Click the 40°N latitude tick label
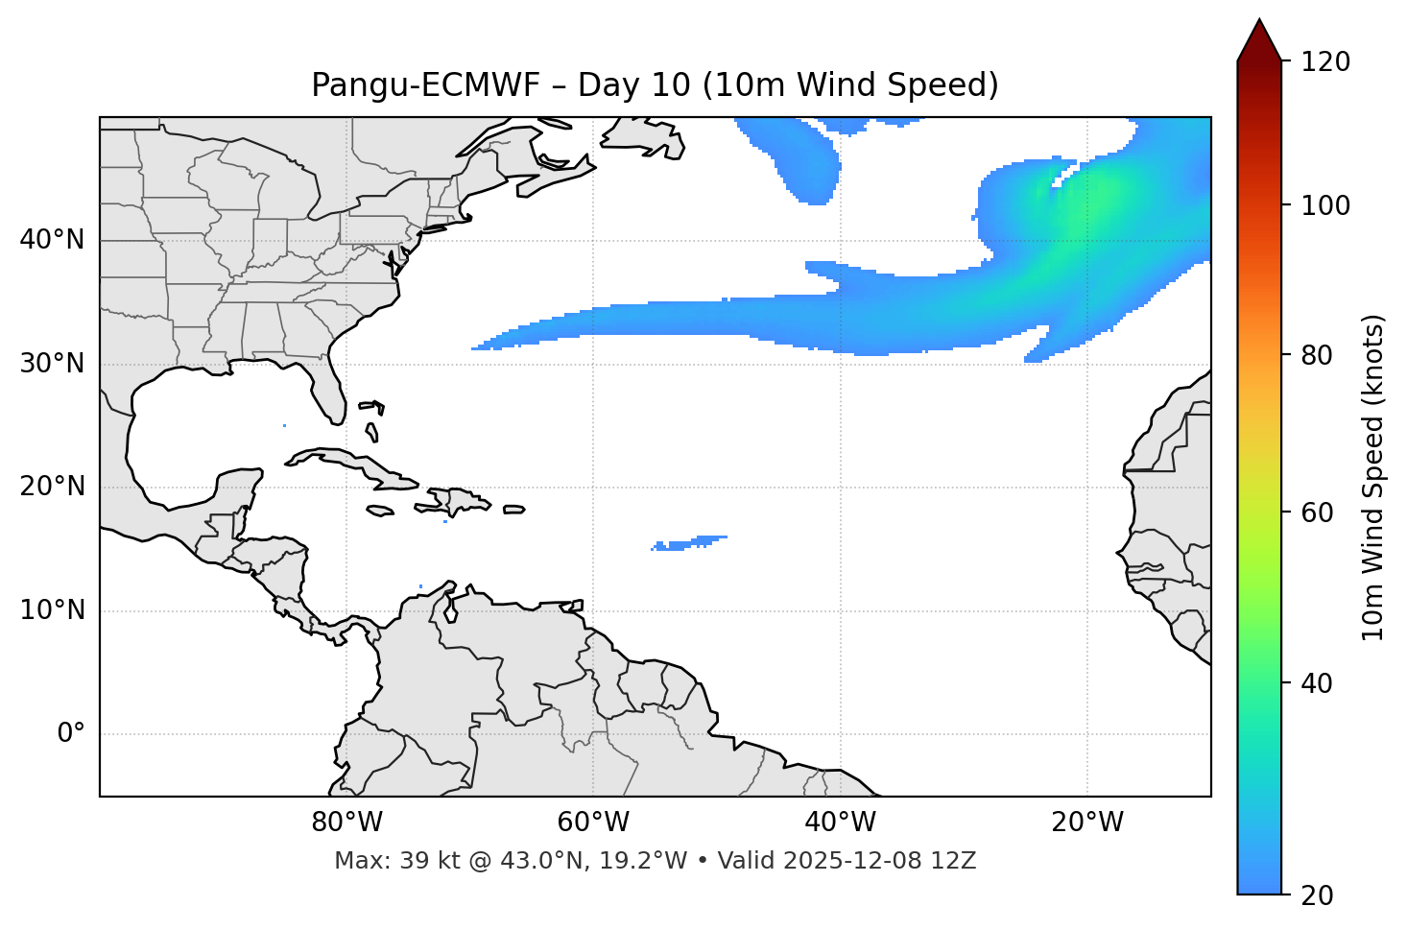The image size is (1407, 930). (x=52, y=240)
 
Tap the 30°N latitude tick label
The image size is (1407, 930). (x=52, y=364)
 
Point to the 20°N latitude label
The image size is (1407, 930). (x=52, y=487)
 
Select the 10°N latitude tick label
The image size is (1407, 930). (x=52, y=610)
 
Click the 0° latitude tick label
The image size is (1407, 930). (x=71, y=734)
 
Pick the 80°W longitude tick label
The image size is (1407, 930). (x=346, y=823)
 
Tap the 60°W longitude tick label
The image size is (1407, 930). (x=593, y=823)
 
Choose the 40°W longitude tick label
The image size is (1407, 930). (x=840, y=823)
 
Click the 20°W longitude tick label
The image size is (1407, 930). (x=1087, y=823)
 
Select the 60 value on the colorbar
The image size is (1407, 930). (x=1319, y=513)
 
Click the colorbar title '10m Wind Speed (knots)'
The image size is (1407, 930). (x=1373, y=477)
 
